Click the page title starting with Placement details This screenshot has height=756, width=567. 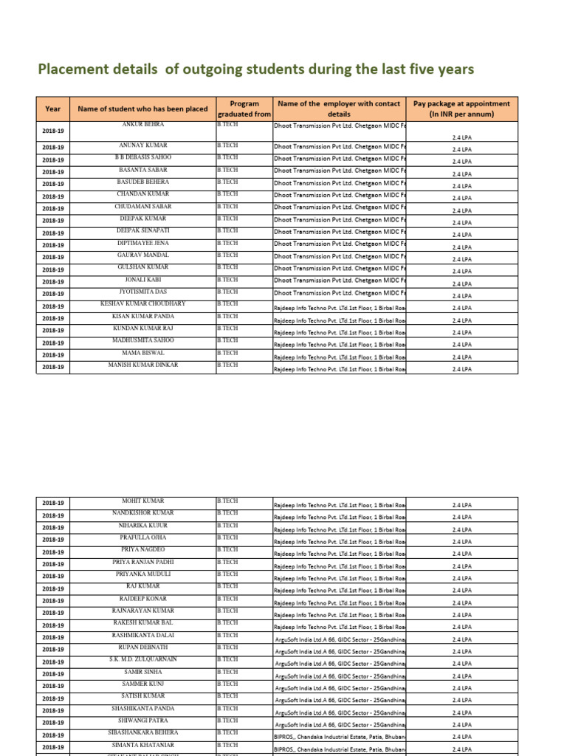[x=255, y=69]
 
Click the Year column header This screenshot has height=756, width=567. [x=52, y=109]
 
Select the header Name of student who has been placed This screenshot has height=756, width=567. [x=142, y=109]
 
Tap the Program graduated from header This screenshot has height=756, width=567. [x=244, y=109]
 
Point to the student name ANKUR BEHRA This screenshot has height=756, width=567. [x=143, y=126]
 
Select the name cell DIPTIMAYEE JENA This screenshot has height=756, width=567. [x=143, y=243]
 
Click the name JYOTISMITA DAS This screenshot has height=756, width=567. [x=143, y=292]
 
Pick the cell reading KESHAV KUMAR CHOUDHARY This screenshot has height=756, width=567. [x=143, y=303]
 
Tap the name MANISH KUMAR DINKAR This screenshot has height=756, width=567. [x=143, y=365]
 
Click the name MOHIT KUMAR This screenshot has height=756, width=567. [x=143, y=501]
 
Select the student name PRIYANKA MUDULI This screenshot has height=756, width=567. [x=143, y=574]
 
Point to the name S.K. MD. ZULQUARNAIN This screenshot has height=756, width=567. [x=143, y=659]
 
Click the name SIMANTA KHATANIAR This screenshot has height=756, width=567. [x=143, y=744]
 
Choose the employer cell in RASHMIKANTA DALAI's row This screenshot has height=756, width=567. [x=340, y=639]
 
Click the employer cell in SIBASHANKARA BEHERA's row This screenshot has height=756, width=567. [x=340, y=737]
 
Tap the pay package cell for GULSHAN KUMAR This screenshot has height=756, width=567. [x=461, y=272]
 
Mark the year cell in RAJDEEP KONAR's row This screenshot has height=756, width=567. [x=52, y=601]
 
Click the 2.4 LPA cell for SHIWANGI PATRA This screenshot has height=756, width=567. [x=461, y=724]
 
